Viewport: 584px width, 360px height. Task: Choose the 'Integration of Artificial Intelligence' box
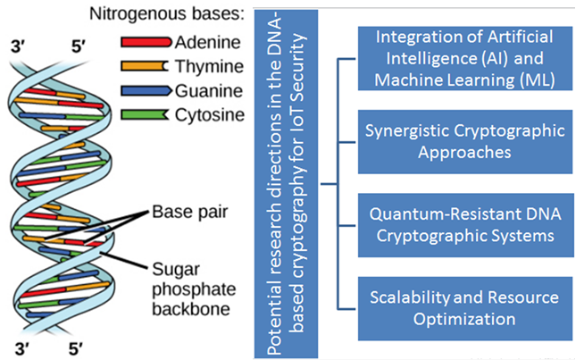(465, 54)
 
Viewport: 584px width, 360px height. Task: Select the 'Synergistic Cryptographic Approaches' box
(465, 139)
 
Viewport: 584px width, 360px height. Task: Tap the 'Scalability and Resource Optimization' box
(465, 306)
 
